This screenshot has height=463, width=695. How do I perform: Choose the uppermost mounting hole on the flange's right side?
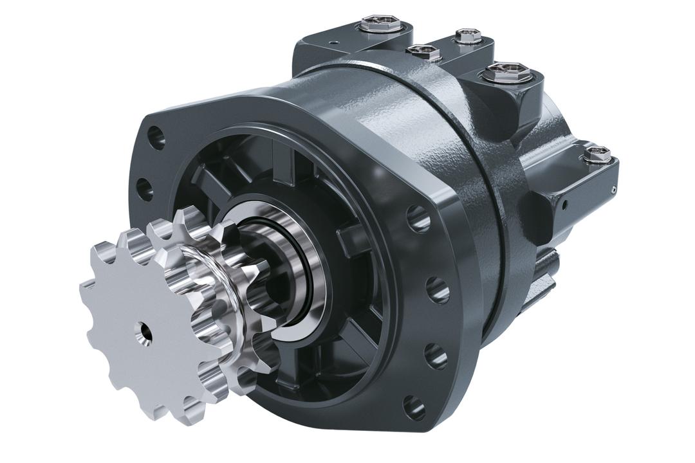tap(418, 219)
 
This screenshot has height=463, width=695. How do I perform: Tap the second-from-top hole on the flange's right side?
tap(438, 290)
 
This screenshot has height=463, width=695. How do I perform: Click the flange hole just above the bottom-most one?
tap(436, 355)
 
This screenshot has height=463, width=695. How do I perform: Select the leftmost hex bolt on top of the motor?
tap(380, 25)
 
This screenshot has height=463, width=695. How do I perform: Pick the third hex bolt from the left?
tap(467, 35)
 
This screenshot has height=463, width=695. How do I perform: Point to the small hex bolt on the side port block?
tap(597, 154)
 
